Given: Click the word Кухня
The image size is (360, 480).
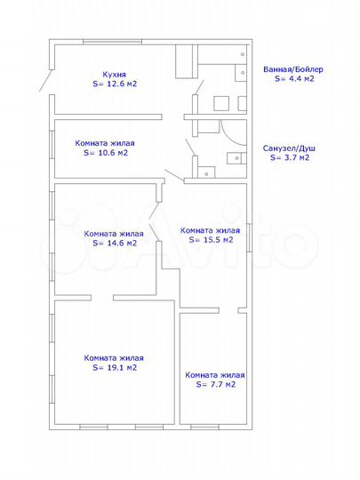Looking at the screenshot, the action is click(x=114, y=75).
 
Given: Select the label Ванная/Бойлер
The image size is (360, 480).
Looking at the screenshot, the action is click(x=293, y=69).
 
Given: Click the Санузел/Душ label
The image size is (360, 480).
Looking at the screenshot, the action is click(x=289, y=148).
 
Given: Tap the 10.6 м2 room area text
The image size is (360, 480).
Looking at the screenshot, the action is click(x=110, y=153).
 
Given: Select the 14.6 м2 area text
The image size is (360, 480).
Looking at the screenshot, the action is click(x=119, y=244).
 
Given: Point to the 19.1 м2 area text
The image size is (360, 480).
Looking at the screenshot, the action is click(x=119, y=368).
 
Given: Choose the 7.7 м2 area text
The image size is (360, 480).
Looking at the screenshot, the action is click(x=220, y=385).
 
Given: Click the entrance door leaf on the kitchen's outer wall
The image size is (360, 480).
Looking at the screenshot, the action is click(x=46, y=80).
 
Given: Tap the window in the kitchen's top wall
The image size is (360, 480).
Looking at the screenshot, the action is click(x=112, y=42).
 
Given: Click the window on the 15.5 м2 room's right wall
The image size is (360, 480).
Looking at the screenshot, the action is click(x=249, y=237).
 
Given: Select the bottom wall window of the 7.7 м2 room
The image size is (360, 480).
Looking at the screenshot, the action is click(x=204, y=427).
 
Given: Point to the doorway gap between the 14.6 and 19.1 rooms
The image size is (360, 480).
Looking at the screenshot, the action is click(x=102, y=298).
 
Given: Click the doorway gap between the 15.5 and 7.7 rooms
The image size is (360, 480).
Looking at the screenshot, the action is click(x=228, y=310).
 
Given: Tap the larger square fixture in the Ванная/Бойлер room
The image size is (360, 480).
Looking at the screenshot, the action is click(x=221, y=103).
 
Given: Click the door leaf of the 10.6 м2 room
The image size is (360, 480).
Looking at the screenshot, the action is click(x=174, y=175).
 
